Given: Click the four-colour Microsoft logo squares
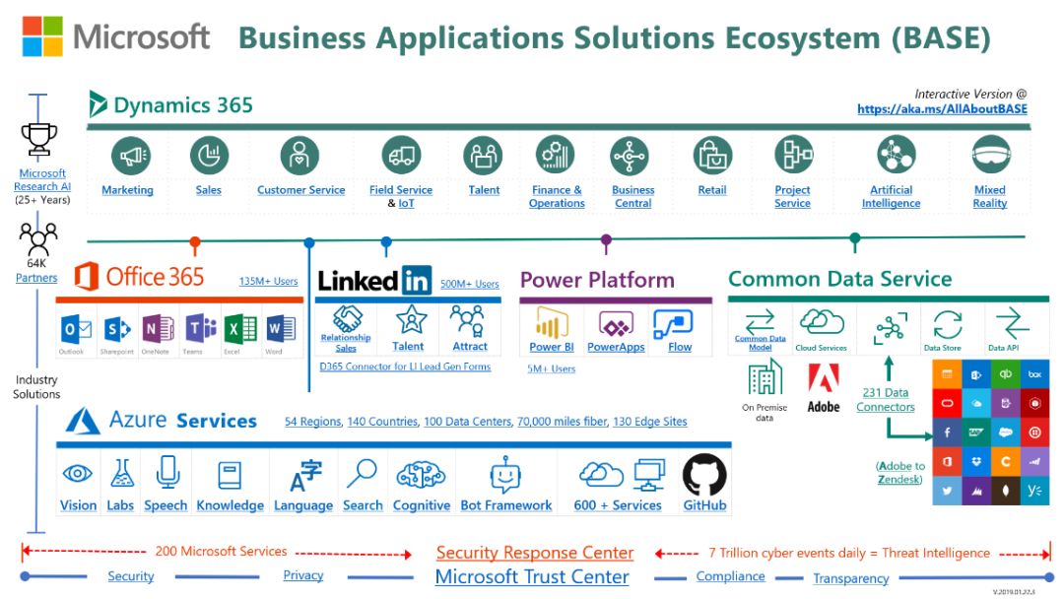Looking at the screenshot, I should click(x=43, y=36).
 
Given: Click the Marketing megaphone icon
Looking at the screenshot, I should click(x=128, y=156).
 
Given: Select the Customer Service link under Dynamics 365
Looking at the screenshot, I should click(x=300, y=190).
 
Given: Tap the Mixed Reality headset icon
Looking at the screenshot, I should click(x=990, y=156).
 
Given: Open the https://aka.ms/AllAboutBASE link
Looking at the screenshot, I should click(x=942, y=109).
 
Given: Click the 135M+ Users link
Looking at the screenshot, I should click(x=268, y=282).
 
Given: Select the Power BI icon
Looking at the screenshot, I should click(x=552, y=323).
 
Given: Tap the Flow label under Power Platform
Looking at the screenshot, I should click(x=680, y=347).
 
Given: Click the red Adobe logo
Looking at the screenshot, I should click(x=823, y=379).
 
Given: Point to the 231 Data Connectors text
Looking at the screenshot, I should click(x=886, y=400).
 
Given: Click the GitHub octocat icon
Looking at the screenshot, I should click(x=704, y=475).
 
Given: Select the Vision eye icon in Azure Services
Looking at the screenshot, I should click(x=78, y=475).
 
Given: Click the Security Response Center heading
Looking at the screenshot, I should click(x=535, y=553).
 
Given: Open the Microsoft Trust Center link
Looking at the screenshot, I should click(x=532, y=577).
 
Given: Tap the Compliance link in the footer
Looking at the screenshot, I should click(x=730, y=576).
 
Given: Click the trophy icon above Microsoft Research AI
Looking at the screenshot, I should click(x=39, y=139).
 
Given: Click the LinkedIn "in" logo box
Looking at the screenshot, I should click(x=416, y=281).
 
